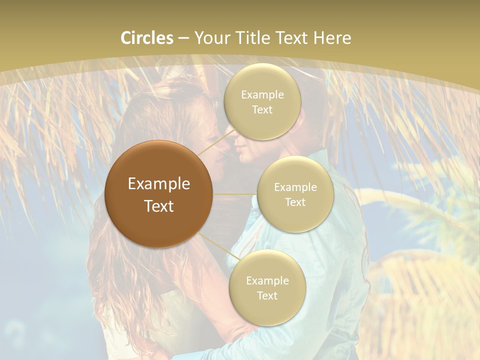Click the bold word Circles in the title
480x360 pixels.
[147, 38]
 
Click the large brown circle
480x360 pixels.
[159, 194]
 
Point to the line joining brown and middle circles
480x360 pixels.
[235, 193]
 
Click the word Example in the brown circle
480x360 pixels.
[159, 184]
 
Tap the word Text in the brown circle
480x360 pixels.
[159, 206]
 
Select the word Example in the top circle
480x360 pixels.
[262, 95]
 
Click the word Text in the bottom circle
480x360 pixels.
[267, 295]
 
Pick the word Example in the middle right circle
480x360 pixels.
[295, 187]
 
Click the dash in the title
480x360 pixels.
[183, 38]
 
